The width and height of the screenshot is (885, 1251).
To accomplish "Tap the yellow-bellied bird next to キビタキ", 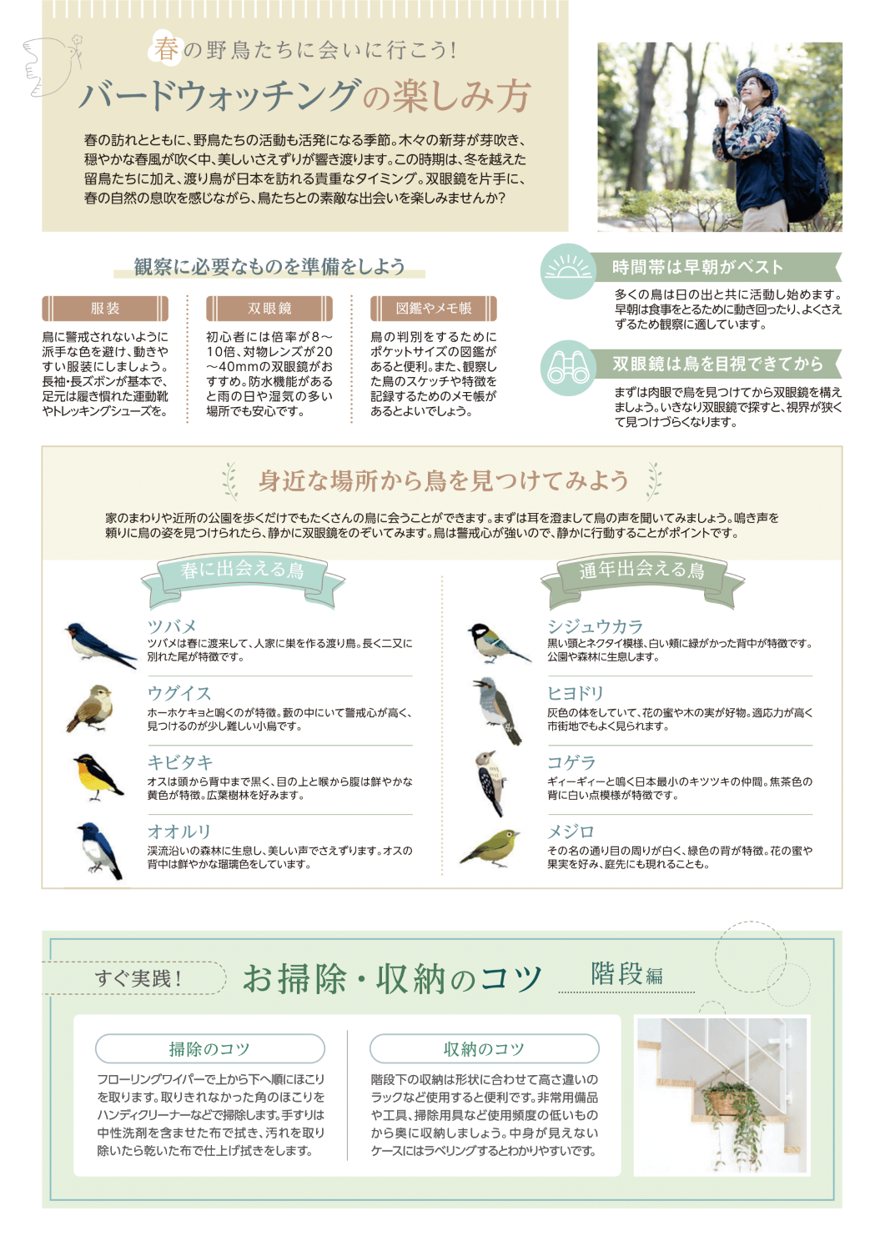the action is coord(98,776).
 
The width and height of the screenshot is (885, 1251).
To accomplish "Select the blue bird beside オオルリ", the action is coord(99,850).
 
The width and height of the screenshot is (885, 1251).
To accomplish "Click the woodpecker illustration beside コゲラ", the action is coord(490,783).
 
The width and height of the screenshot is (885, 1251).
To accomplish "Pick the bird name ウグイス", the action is coord(179,694).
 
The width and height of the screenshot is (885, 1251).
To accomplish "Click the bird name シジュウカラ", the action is coord(595,626).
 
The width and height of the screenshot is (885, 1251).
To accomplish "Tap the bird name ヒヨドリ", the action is coord(576,694).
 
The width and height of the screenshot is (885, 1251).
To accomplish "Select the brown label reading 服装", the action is coord(105,309).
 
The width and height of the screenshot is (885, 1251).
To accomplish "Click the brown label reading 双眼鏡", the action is coord(269,309).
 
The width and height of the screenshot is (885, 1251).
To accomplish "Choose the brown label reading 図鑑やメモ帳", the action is coord(434,309).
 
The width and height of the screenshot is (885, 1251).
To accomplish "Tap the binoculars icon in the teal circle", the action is coord(568,368).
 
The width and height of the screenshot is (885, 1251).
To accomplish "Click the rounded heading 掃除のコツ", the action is coord(210,1048).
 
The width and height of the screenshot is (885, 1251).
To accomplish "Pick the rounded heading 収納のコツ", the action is coord(485,1048).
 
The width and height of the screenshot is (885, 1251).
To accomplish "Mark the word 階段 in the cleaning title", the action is coord(616,973).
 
